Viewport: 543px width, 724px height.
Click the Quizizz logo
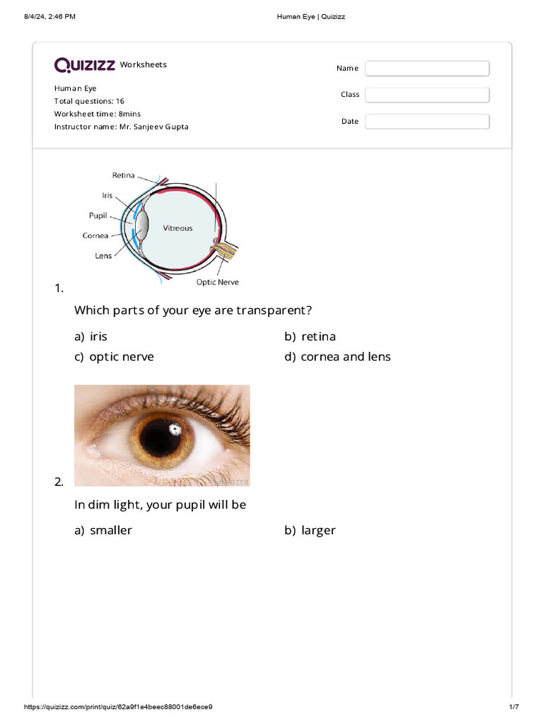85,65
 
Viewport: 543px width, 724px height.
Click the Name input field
427,68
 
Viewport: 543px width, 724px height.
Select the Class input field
427,95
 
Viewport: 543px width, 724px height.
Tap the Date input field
427,122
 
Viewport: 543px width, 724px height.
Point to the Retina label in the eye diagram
124,175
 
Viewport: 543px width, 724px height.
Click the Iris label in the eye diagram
106,195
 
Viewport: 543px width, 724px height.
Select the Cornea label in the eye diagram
95,235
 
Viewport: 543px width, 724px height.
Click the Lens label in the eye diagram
103,255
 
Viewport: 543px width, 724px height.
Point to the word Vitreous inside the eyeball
177,228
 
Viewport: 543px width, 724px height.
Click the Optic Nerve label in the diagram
217,282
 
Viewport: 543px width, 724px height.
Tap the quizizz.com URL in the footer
119,707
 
